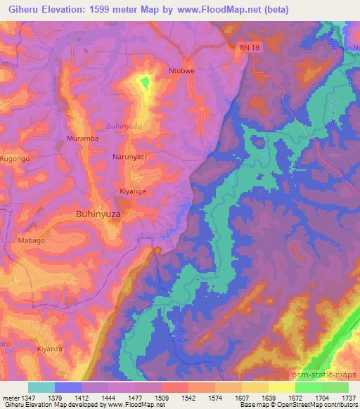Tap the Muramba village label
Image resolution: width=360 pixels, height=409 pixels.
pyautogui.click(x=81, y=138)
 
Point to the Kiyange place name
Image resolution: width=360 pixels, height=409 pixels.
pyautogui.click(x=132, y=190)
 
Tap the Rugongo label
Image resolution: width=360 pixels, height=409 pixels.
pyautogui.click(x=14, y=160)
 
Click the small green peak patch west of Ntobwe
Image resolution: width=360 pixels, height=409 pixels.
pyautogui.click(x=144, y=84)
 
